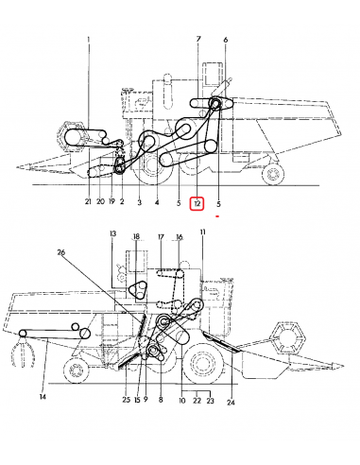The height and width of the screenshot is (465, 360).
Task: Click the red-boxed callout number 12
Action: [197, 203]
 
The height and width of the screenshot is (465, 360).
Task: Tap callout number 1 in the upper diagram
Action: [89, 40]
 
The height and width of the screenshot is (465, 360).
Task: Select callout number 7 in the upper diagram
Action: [198, 40]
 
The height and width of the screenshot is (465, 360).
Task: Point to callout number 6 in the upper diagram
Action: [225, 40]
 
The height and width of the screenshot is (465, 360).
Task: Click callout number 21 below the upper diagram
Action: [88, 201]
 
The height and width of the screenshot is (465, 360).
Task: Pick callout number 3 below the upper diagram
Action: [140, 202]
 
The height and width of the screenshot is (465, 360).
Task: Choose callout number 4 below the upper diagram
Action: [157, 202]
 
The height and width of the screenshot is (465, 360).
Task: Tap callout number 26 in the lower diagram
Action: [61, 252]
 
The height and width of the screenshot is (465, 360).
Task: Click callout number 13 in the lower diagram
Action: [112, 233]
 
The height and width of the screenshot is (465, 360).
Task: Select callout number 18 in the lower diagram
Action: [136, 236]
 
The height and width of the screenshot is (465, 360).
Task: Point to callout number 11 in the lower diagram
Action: [202, 232]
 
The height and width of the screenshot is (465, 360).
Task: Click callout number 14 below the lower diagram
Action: [43, 397]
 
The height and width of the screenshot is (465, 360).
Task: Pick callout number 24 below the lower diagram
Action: [231, 403]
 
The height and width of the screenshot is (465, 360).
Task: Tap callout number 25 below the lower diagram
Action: [126, 400]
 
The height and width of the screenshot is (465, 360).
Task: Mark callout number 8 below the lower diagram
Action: [161, 400]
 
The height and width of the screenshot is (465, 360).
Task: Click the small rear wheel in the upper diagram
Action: [273, 174]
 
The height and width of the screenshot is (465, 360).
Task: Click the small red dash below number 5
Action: [217, 216]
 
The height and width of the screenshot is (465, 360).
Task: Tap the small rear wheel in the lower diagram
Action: [76, 370]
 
